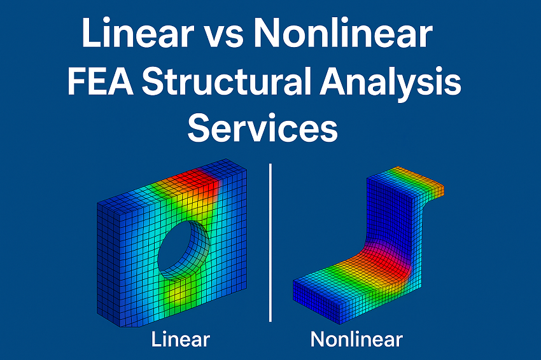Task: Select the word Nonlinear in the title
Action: (343, 34)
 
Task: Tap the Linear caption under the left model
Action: (181, 339)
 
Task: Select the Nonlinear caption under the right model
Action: (356, 339)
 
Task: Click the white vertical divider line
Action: (271, 242)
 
